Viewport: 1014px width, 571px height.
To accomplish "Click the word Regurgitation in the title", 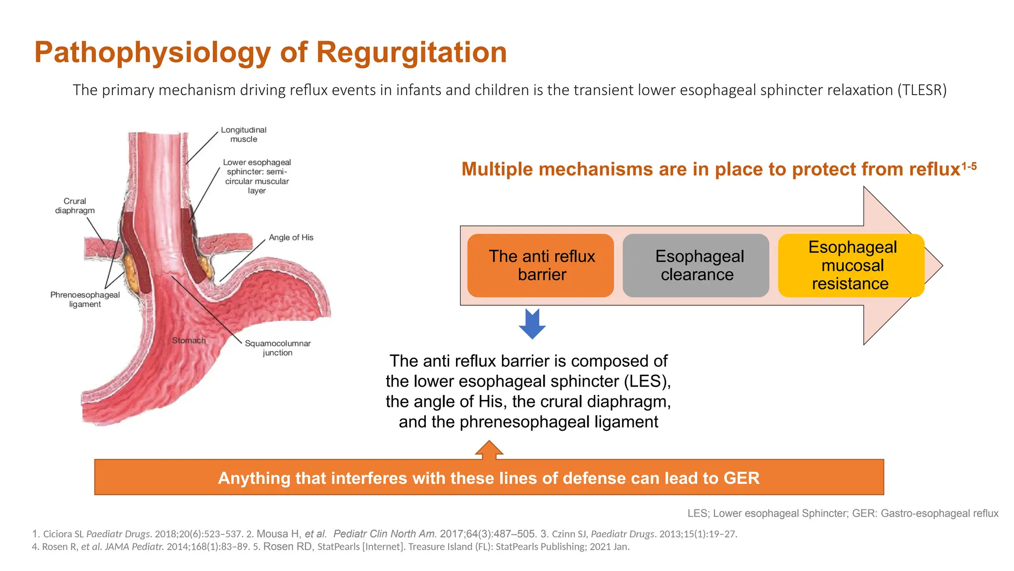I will pyautogui.click(x=411, y=53).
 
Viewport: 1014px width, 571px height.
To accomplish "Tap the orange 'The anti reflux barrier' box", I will pyautogui.click(x=541, y=266).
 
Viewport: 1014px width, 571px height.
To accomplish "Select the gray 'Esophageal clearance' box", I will pyautogui.click(x=696, y=266).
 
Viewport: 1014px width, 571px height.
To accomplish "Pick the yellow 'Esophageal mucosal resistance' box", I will pyautogui.click(x=851, y=266).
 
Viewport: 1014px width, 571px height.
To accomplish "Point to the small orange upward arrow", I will pyautogui.click(x=489, y=449).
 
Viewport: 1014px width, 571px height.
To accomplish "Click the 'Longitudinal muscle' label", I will pyautogui.click(x=244, y=135).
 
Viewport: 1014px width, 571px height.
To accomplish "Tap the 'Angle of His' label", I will pyautogui.click(x=291, y=237).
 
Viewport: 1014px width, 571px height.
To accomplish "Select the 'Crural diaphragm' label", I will pyautogui.click(x=75, y=206).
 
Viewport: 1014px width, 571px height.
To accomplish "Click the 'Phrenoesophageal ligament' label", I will pyautogui.click(x=85, y=299).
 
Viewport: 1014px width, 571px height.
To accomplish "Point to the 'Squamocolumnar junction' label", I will pyautogui.click(x=278, y=348).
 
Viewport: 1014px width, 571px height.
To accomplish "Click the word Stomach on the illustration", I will pyautogui.click(x=189, y=341).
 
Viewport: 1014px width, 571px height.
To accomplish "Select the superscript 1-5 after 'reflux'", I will pyautogui.click(x=969, y=167).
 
